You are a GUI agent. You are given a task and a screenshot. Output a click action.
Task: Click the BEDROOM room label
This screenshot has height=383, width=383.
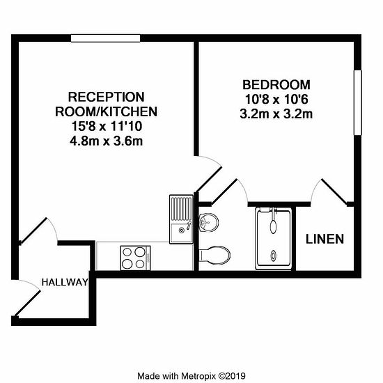[x=276, y=85]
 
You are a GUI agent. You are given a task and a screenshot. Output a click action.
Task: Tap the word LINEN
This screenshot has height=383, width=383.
[x=325, y=239]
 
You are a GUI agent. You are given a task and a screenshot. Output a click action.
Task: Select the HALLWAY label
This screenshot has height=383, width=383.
[x=65, y=282]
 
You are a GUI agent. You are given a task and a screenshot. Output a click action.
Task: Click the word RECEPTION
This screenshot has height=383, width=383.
[x=107, y=97]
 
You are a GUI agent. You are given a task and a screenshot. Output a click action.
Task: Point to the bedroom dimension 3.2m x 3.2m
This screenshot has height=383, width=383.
[x=276, y=114]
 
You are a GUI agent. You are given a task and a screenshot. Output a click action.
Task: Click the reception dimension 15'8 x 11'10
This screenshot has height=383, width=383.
[x=107, y=127]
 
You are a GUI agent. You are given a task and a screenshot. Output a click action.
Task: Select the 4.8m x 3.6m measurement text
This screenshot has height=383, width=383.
[x=107, y=141]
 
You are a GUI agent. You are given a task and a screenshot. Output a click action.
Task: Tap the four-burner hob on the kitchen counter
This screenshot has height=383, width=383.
[x=135, y=258]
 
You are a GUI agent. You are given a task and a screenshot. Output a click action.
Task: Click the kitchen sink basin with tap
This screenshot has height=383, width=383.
[x=181, y=230]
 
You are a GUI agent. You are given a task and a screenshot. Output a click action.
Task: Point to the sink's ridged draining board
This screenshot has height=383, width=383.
[x=182, y=209]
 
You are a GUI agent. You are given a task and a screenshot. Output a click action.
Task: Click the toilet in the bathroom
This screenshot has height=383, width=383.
[x=214, y=255]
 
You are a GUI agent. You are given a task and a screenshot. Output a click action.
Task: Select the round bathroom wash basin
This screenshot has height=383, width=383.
[x=208, y=222]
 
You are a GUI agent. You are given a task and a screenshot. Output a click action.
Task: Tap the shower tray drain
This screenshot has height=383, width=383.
[x=274, y=256]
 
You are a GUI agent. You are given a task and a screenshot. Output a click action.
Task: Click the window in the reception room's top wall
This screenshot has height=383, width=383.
[x=106, y=38]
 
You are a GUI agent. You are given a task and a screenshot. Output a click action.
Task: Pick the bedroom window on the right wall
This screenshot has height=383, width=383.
[x=358, y=102]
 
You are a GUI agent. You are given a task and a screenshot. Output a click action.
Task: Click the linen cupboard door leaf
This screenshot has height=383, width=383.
[x=334, y=191]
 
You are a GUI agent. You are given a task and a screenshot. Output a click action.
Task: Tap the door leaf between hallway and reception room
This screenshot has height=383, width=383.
[x=33, y=230]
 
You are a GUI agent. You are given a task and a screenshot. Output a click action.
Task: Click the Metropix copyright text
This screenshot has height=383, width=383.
[x=191, y=375]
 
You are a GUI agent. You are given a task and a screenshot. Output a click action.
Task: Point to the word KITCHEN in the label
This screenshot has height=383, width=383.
[x=129, y=112]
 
